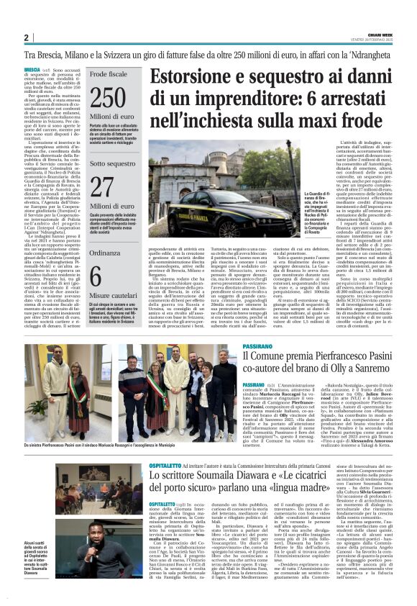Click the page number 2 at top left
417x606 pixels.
point(26,37)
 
